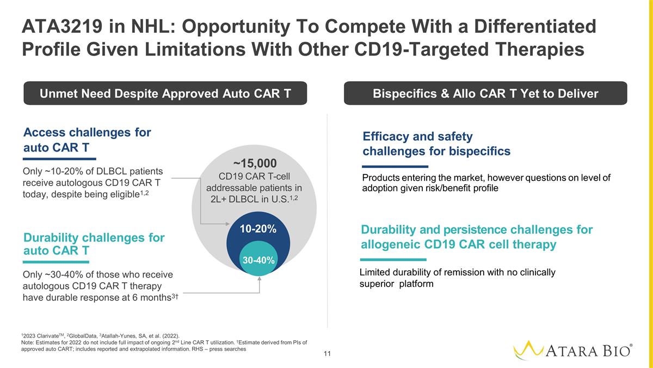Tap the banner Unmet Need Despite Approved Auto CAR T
[x=165, y=94]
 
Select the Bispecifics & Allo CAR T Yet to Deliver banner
[x=485, y=94]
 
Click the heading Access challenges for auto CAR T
[x=87, y=140]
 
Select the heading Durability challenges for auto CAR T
[x=94, y=244]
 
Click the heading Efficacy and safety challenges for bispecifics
[x=436, y=144]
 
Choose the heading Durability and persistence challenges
[x=477, y=237]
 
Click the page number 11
[x=327, y=354]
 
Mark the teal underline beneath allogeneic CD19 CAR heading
[x=393, y=260]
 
